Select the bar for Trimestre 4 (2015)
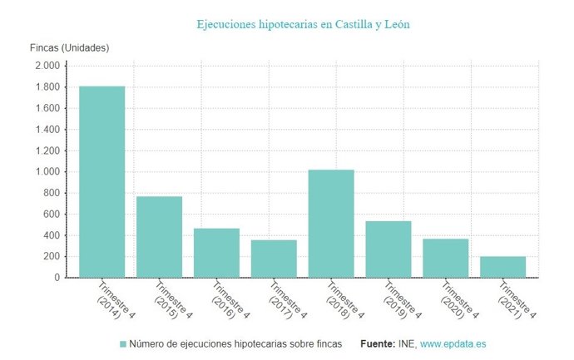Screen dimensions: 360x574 [x=159, y=237]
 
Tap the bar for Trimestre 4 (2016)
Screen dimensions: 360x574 [x=216, y=253]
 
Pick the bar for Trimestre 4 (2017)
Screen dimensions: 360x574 [x=274, y=259]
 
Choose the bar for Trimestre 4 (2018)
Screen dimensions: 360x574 [x=331, y=224]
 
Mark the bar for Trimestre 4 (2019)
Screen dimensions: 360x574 [x=388, y=249]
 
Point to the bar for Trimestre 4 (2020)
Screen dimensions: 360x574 [x=445, y=258]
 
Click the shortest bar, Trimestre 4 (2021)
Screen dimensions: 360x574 [x=502, y=267]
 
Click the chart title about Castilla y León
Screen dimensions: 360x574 [x=303, y=25]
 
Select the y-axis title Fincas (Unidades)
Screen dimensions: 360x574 [x=69, y=47]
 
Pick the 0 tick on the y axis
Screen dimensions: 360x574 [x=57, y=278]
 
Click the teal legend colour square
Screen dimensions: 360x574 [x=123, y=343]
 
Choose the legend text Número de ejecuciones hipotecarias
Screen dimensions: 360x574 [x=235, y=343]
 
